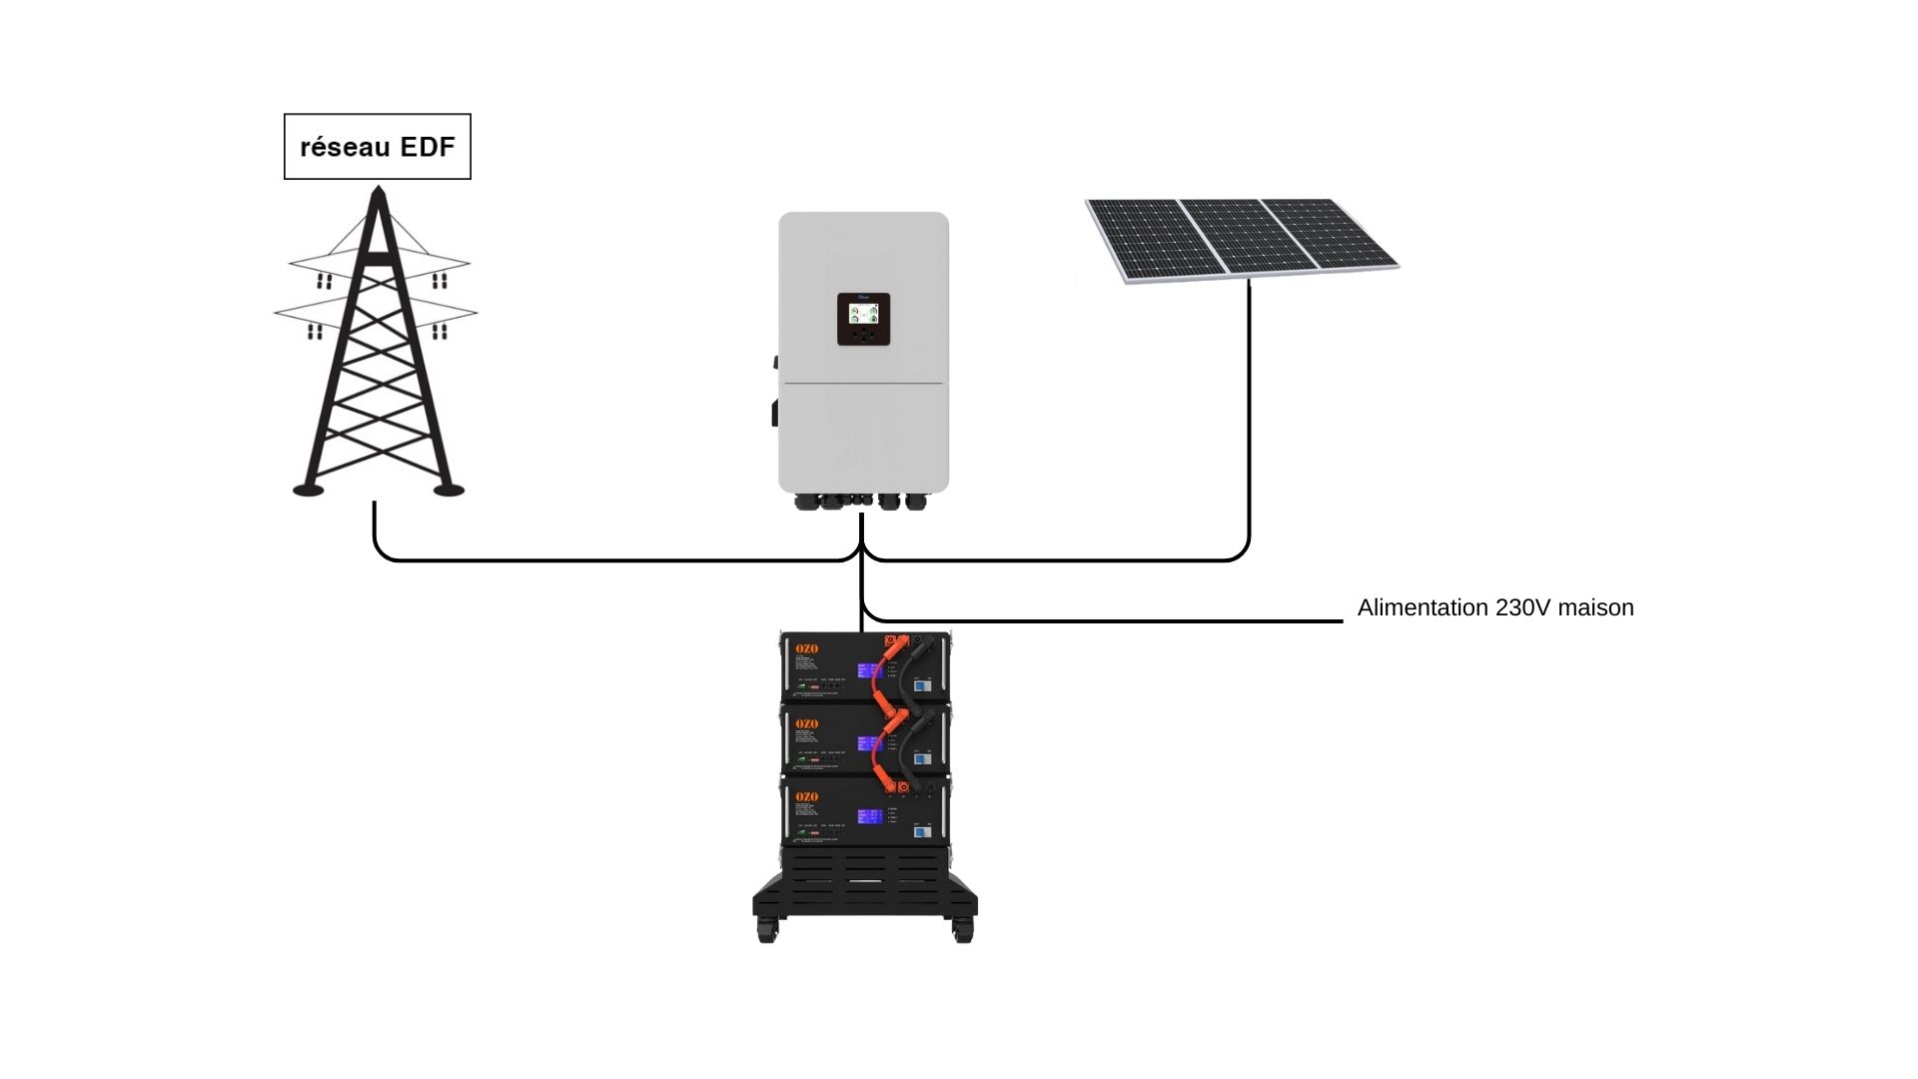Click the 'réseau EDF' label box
377,147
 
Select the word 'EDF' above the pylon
428,147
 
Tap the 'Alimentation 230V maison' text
1494,607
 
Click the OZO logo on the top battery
806,649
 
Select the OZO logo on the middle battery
806,723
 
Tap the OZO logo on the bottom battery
806,796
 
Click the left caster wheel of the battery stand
766,932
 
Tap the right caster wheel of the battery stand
963,932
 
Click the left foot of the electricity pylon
308,490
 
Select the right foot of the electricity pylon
449,490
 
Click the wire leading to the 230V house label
1099,620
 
